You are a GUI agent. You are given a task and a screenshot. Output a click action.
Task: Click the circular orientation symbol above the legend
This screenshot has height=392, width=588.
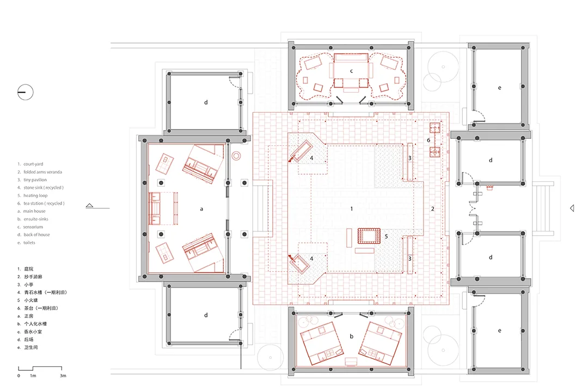pyautogui.click(x=26, y=92)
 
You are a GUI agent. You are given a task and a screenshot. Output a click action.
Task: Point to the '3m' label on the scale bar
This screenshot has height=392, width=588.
pyautogui.click(x=63, y=376)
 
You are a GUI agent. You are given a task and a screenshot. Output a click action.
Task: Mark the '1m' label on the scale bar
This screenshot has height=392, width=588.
pyautogui.click(x=33, y=376)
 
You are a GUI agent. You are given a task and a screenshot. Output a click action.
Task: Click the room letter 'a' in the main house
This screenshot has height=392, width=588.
pyautogui.click(x=201, y=209)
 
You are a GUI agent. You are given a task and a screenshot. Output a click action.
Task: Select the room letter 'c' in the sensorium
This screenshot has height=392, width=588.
pyautogui.click(x=351, y=71)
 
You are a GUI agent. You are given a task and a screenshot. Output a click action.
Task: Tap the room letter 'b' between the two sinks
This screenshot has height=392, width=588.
pyautogui.click(x=351, y=336)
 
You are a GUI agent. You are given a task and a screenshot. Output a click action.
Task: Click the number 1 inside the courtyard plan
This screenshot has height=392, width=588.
pyautogui.click(x=351, y=209)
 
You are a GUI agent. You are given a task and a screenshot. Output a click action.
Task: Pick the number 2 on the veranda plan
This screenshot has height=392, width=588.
pyautogui.click(x=432, y=209)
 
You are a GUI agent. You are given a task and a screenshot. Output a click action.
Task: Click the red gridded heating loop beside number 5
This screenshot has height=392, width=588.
pyautogui.click(x=369, y=236)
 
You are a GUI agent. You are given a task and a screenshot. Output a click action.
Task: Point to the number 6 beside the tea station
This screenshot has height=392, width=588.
pyautogui.click(x=428, y=140)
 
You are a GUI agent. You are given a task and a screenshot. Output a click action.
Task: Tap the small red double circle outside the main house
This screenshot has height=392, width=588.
pyautogui.click(x=236, y=155)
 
